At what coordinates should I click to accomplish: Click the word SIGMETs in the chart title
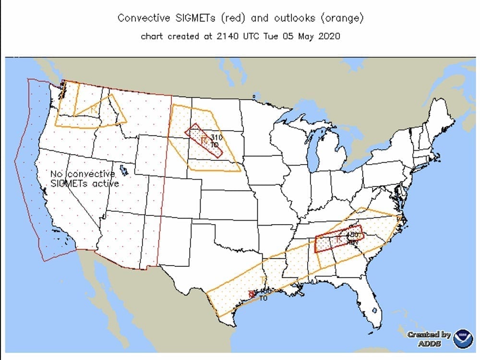pos(195,18)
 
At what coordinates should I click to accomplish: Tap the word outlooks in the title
pos(294,18)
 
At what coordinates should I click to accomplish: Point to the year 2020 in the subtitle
pos(329,36)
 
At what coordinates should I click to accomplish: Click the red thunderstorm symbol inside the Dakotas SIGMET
pos(204,141)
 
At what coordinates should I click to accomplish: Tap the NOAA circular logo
pos(463,337)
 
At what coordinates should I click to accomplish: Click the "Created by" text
pos(429,335)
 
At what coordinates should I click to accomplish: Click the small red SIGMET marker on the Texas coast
pos(251,294)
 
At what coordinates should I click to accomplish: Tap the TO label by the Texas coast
pos(263,298)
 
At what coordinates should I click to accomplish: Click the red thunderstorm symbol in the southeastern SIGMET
pos(339,239)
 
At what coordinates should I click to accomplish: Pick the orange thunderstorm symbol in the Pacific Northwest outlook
pos(93,110)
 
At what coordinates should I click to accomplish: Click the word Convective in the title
pos(144,18)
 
